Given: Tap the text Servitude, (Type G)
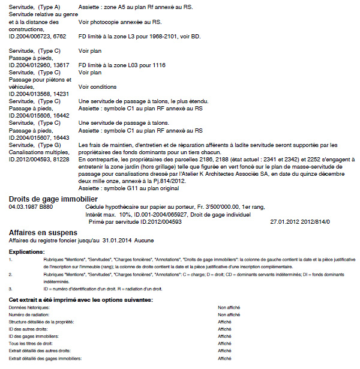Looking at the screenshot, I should (x=35, y=145).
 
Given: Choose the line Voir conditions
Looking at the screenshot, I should (x=98, y=87).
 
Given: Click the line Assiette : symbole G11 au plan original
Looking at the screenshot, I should (x=129, y=188).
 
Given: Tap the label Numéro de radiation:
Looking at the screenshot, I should (x=29, y=314).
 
